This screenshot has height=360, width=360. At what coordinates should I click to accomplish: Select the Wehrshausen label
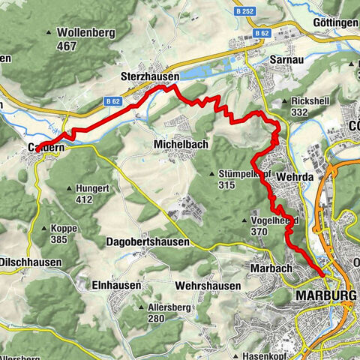[208, 286]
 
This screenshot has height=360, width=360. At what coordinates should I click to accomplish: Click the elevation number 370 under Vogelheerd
[259, 232]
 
